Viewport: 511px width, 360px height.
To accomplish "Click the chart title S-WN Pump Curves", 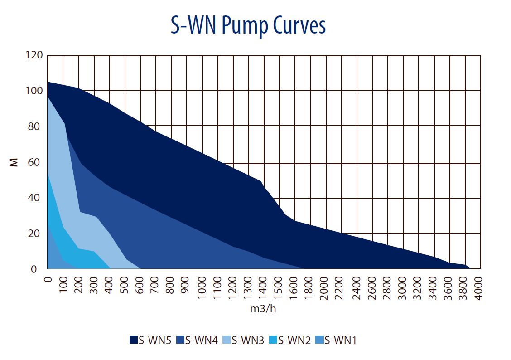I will [248, 26].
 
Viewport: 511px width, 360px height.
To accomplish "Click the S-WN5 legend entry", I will [150, 340].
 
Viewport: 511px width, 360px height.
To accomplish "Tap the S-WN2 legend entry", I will [289, 340].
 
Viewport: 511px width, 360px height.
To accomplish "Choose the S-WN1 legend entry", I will [336, 340].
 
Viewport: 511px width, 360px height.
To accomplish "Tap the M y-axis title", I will [14, 162].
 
